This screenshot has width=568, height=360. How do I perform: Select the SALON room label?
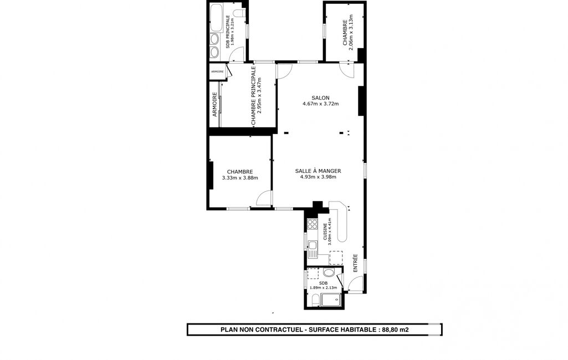coord(321,98)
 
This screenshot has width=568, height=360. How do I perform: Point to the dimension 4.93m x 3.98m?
coord(318,177)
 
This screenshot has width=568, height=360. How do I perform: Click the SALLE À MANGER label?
coord(318,171)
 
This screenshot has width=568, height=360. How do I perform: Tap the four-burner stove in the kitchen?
coord(312,224)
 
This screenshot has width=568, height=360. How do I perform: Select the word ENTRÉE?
coord(355,263)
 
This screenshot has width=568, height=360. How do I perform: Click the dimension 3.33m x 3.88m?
coord(240,178)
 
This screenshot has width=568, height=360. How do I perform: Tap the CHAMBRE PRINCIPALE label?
coord(253,96)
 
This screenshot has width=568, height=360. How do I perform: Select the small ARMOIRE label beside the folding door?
coord(217,71)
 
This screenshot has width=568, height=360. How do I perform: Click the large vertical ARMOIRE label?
coord(214,104)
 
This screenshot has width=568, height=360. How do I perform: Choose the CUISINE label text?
coord(325,232)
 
